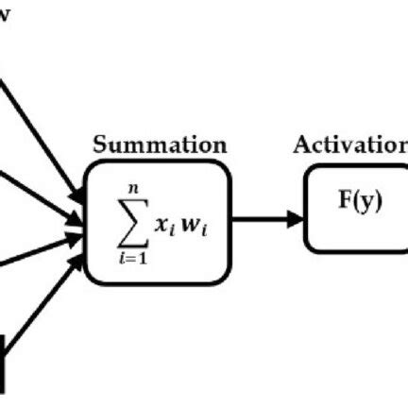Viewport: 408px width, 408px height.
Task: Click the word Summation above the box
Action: tap(159, 145)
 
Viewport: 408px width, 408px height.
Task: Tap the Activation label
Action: tap(350, 144)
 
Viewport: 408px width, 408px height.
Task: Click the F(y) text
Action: tap(360, 202)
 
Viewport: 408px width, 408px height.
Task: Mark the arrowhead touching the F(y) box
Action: tap(295, 220)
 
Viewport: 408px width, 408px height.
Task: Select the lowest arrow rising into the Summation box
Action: tap(42, 322)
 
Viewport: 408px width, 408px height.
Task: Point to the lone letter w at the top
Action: tap(5, 18)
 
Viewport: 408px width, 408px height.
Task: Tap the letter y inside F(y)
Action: tap(367, 203)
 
